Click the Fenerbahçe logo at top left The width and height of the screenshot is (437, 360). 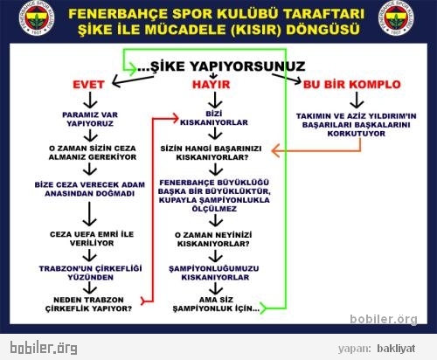(37, 19)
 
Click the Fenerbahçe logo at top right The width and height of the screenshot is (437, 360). (396, 18)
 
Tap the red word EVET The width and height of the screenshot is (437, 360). (88, 85)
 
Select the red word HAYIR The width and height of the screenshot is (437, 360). (211, 85)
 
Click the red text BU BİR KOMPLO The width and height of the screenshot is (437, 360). (352, 85)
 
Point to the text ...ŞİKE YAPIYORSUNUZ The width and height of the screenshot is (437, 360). (221, 66)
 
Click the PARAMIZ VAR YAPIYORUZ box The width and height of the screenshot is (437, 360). (90, 119)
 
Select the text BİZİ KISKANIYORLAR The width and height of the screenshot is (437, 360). (214, 118)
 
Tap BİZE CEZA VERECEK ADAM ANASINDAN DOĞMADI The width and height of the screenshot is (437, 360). (90, 189)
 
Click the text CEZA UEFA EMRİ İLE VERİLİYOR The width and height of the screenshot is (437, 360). (92, 239)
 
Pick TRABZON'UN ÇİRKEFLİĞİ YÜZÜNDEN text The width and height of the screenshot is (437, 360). (91, 273)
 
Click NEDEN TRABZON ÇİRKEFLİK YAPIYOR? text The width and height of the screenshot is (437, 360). (88, 304)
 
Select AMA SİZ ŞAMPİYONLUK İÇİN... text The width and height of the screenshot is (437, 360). (216, 304)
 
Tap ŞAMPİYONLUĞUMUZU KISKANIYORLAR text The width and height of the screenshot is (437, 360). (214, 273)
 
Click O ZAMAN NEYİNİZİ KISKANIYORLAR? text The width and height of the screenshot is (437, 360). (213, 239)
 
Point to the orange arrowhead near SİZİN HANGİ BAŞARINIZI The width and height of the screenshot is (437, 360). (275, 150)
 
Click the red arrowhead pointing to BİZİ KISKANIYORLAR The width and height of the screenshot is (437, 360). (175, 119)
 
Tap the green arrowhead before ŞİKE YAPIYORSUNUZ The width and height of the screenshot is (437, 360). (133, 69)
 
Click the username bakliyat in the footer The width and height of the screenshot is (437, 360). (396, 349)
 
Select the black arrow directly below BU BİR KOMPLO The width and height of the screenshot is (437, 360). (357, 100)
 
